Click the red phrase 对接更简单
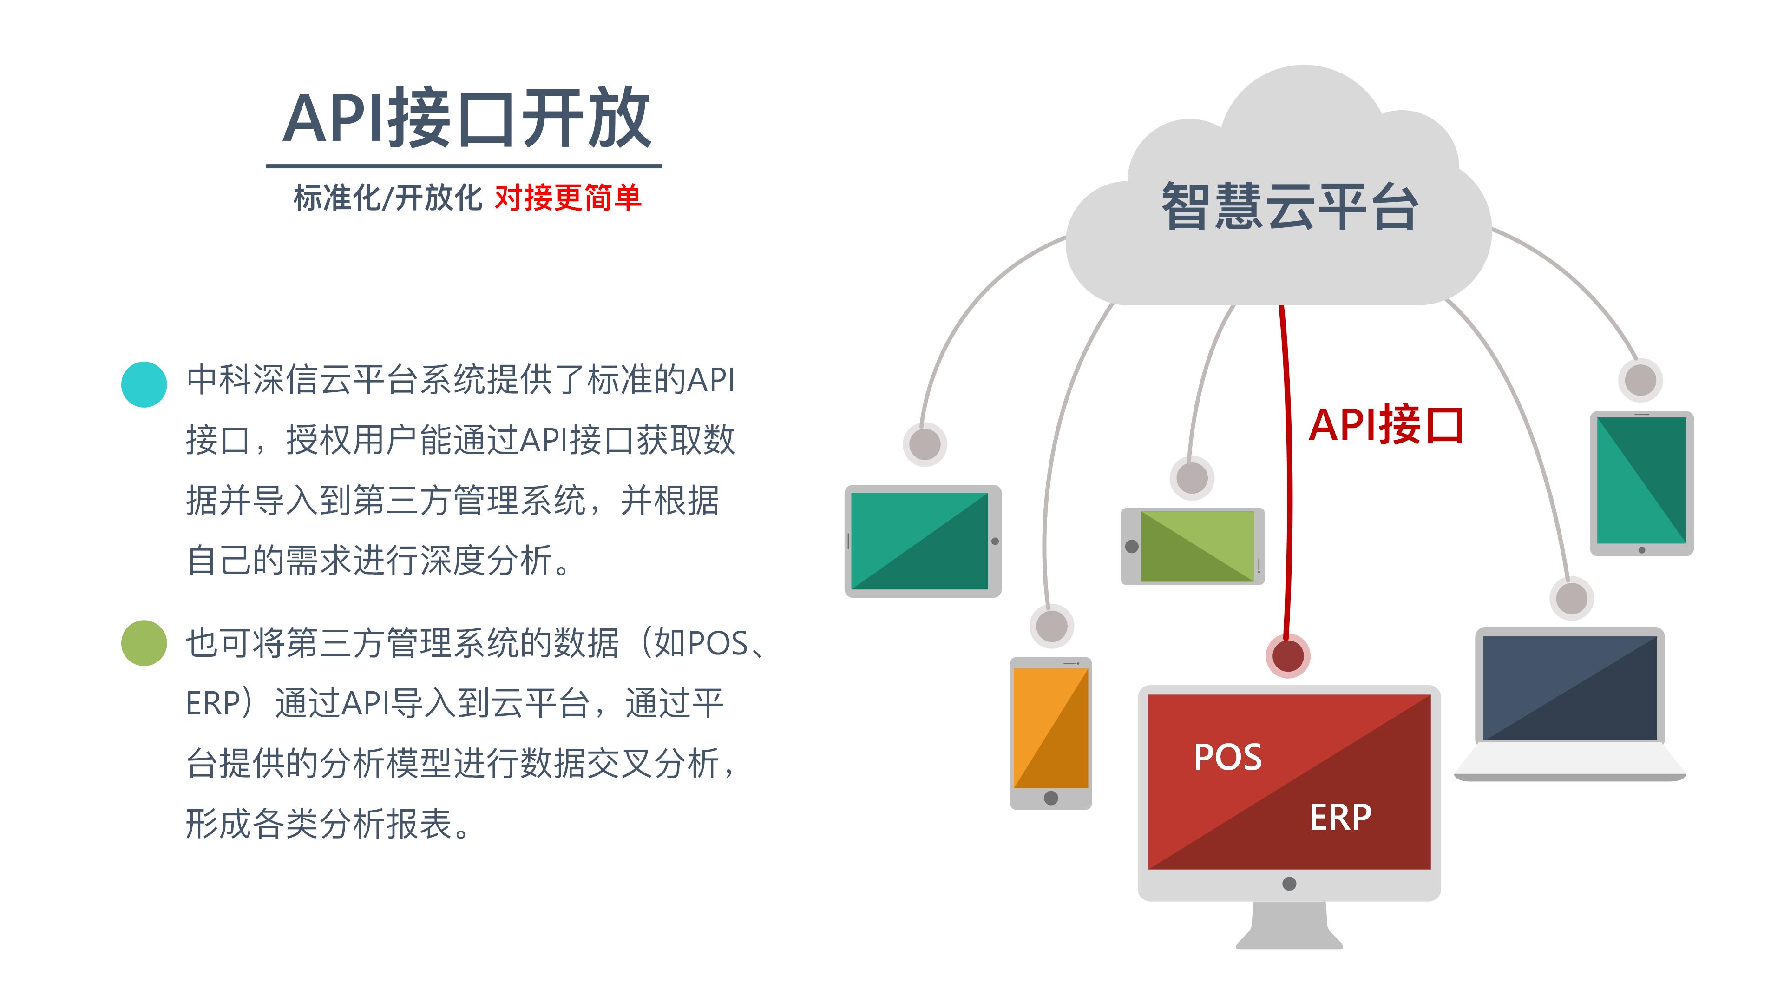click(x=567, y=198)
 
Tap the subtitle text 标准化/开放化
click(x=387, y=198)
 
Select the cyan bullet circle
click(x=144, y=384)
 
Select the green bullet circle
click(x=144, y=643)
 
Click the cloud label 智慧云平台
click(x=1290, y=206)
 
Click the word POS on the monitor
click(x=1227, y=757)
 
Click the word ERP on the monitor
click(x=1339, y=817)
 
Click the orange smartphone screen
click(x=1050, y=727)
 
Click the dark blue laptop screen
click(x=1569, y=687)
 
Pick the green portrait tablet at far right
click(x=1641, y=480)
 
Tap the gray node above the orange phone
click(x=1051, y=626)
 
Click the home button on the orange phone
click(x=1050, y=798)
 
